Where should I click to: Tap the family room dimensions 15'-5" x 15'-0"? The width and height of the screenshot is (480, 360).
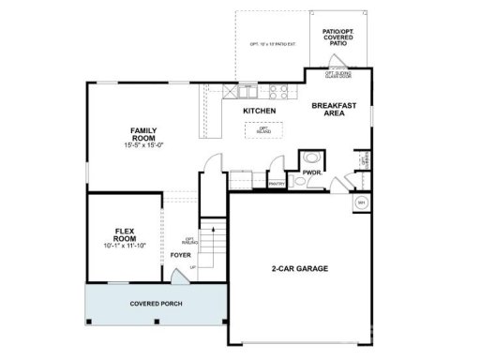[143, 145]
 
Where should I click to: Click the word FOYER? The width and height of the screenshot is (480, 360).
[180, 254]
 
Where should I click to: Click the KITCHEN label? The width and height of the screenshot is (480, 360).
[259, 112]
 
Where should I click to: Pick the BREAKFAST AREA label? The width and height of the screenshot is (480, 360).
[335, 110]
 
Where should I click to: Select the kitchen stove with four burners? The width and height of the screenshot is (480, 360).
[279, 92]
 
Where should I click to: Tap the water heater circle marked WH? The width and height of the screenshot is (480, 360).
[361, 202]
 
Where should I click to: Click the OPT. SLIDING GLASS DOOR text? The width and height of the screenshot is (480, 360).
[338, 74]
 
